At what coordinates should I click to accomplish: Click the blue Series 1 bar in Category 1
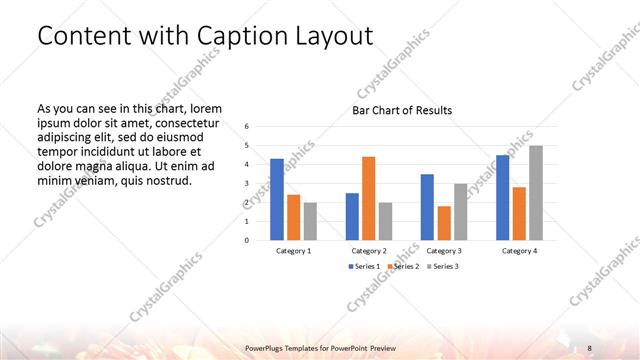pos(276,199)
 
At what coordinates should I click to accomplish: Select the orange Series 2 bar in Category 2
pos(368,198)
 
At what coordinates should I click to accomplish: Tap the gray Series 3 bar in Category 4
pos(536,192)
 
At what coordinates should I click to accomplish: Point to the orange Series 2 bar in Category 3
pos(444,223)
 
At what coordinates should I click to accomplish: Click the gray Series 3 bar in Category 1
pos(310,221)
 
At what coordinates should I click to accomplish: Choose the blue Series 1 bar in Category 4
pos(503,197)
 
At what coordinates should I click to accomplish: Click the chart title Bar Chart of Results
pos(402,110)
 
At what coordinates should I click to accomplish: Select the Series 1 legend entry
pos(364,267)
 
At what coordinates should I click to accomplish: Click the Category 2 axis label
pos(368,251)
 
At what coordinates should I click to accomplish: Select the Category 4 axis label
pos(519,251)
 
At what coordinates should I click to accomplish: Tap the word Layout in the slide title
pos(331,36)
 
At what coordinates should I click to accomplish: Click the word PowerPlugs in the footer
pos(266,347)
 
